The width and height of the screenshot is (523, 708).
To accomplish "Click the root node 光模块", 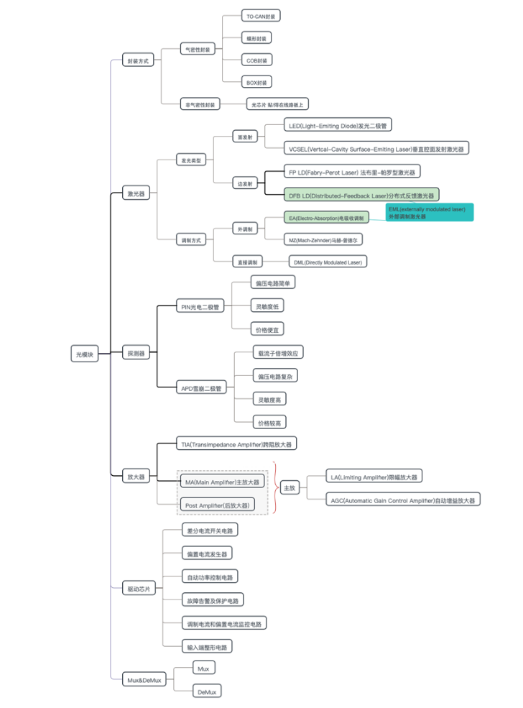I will tap(85, 354).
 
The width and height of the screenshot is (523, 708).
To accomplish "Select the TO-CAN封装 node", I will tap(260, 16).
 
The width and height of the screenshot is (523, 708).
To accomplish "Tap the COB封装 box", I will tap(258, 60).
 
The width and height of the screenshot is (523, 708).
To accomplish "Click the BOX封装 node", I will tap(258, 83).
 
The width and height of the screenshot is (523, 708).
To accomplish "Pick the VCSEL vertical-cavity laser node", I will tap(377, 149).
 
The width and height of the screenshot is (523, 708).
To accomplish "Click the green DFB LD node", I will tap(361, 195).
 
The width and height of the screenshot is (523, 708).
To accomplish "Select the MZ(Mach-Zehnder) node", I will tap(325, 239).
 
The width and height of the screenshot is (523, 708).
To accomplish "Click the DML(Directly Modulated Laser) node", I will tap(328, 262).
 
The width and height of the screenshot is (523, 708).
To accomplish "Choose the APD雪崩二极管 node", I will tap(202, 388).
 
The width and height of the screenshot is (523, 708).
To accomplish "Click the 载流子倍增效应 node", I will tap(279, 353).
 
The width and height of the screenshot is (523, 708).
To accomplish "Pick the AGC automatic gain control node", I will tap(404, 500).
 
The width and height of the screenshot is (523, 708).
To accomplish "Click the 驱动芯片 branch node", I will tap(139, 589).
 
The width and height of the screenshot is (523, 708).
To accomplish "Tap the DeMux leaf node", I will tap(207, 691).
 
